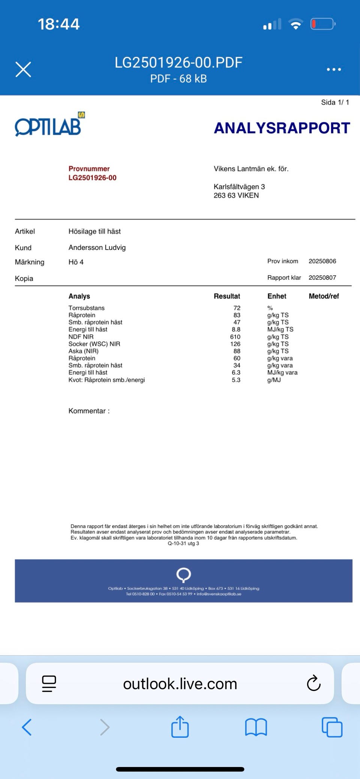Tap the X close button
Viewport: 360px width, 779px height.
tap(23, 69)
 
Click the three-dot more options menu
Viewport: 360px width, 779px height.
tap(333, 69)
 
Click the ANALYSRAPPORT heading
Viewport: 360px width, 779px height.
tap(282, 128)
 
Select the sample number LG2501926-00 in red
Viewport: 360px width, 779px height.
tap(92, 178)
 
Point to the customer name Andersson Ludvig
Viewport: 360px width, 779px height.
tap(97, 247)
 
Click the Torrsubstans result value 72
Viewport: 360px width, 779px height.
tap(237, 308)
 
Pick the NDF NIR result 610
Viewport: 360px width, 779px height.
tap(235, 337)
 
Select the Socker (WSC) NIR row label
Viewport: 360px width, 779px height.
tap(94, 344)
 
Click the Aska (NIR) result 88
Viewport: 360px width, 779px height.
tap(237, 351)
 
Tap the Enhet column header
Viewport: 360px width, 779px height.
tap(277, 296)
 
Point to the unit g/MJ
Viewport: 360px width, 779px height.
tap(274, 380)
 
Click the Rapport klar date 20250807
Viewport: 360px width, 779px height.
tap(322, 277)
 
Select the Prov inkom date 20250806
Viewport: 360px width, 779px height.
tap(322, 261)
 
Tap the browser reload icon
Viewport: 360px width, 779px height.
tap(313, 683)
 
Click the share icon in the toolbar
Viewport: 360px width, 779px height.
tap(180, 727)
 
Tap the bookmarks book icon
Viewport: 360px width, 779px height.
tap(256, 727)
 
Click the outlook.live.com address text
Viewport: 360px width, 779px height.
tap(180, 684)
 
